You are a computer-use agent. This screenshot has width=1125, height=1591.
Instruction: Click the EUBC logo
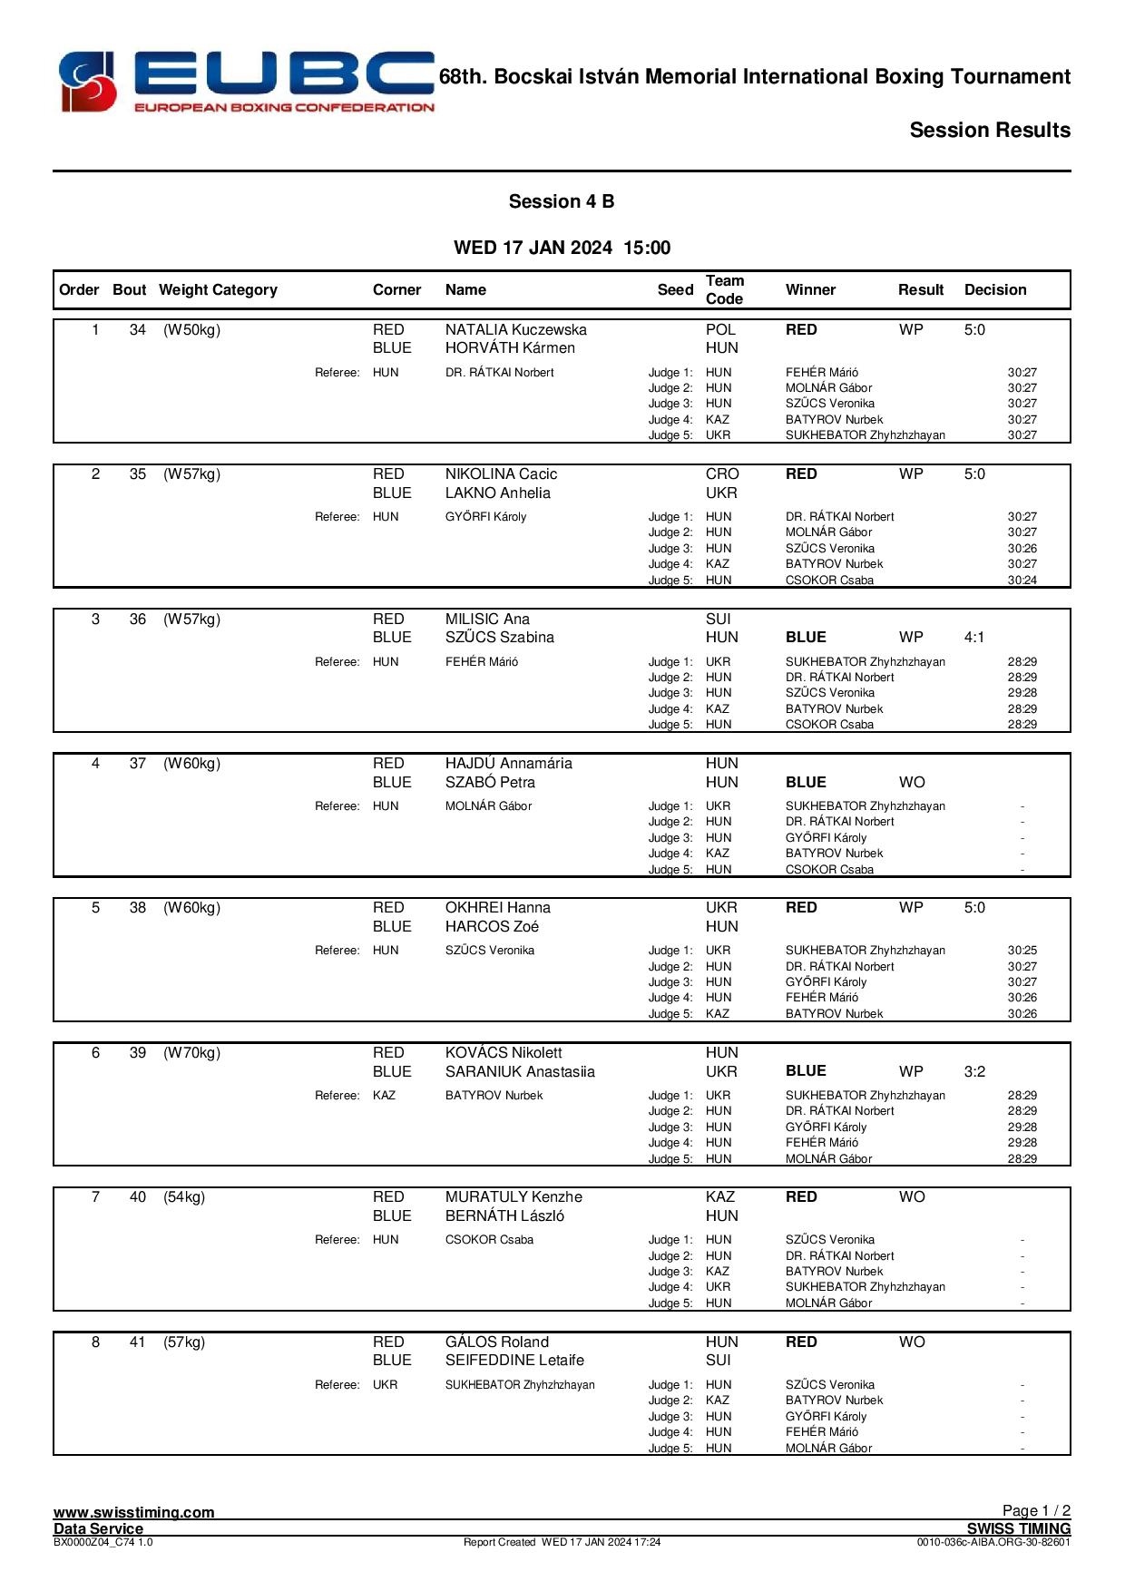point(246,83)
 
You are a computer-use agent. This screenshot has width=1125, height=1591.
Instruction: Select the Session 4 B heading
point(561,201)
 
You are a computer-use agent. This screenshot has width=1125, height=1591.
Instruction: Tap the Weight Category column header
point(218,289)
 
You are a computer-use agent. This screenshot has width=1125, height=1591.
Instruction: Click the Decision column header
point(994,289)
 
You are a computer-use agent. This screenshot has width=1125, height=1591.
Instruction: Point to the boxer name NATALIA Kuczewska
point(515,329)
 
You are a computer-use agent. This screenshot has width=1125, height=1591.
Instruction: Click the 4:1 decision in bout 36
point(973,637)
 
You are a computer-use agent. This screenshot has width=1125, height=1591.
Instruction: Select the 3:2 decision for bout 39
point(973,1071)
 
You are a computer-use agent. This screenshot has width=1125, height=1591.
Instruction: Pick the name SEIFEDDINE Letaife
point(514,1360)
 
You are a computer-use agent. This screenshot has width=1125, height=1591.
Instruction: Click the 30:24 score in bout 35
point(1022,580)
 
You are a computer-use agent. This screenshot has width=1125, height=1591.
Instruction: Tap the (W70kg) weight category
point(191,1052)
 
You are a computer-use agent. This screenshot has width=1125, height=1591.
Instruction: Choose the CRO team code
point(722,473)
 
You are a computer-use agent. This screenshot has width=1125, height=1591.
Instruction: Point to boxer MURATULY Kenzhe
point(514,1196)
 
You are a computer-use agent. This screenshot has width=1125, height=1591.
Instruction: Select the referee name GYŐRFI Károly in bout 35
point(485,516)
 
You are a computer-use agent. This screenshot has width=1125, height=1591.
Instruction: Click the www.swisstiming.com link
point(133,1511)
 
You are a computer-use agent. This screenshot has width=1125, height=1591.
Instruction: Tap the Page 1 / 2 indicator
point(1035,1510)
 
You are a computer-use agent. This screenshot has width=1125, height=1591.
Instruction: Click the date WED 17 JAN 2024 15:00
point(562,248)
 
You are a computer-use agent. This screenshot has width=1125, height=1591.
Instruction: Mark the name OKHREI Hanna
point(497,907)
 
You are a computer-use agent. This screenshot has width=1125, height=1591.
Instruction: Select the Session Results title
point(989,130)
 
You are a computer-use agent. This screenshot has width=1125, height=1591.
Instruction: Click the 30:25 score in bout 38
point(1022,950)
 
